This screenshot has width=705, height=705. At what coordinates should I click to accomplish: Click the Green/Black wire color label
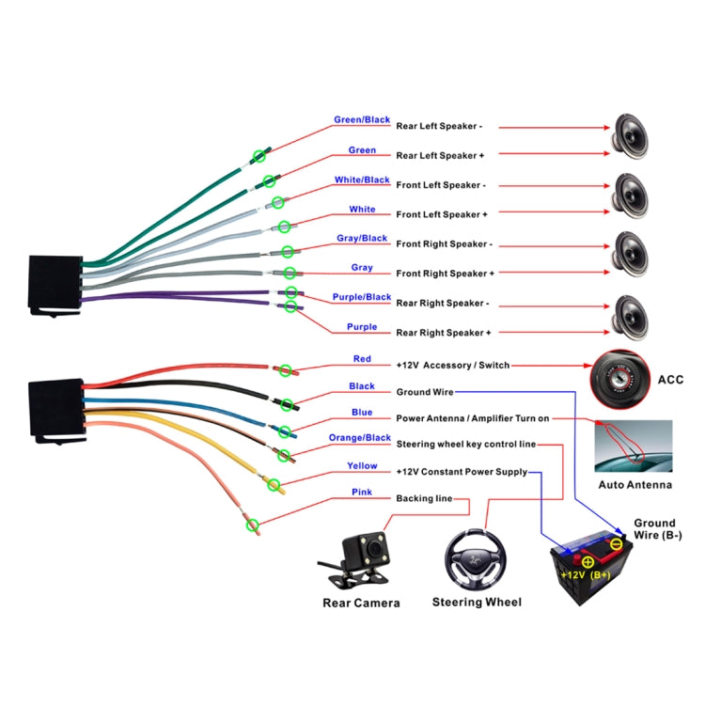(x=362, y=120)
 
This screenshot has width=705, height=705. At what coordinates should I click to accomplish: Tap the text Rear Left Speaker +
(x=440, y=155)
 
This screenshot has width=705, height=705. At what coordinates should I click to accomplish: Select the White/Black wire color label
(x=362, y=180)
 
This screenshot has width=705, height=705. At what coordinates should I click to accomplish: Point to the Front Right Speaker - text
(x=444, y=243)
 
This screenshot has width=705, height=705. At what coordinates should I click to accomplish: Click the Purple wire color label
(x=362, y=327)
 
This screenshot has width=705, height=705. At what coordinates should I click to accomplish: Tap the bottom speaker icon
(x=631, y=315)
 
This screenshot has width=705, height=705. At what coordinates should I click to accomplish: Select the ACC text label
(x=670, y=381)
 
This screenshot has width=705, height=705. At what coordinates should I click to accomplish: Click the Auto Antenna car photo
(x=634, y=446)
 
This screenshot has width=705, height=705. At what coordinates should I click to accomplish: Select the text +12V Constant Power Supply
(x=462, y=472)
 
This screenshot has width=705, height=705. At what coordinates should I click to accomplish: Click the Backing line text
(x=424, y=498)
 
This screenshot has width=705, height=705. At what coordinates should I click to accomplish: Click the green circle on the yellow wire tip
(x=275, y=485)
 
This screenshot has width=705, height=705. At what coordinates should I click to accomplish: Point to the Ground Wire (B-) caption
(x=654, y=529)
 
